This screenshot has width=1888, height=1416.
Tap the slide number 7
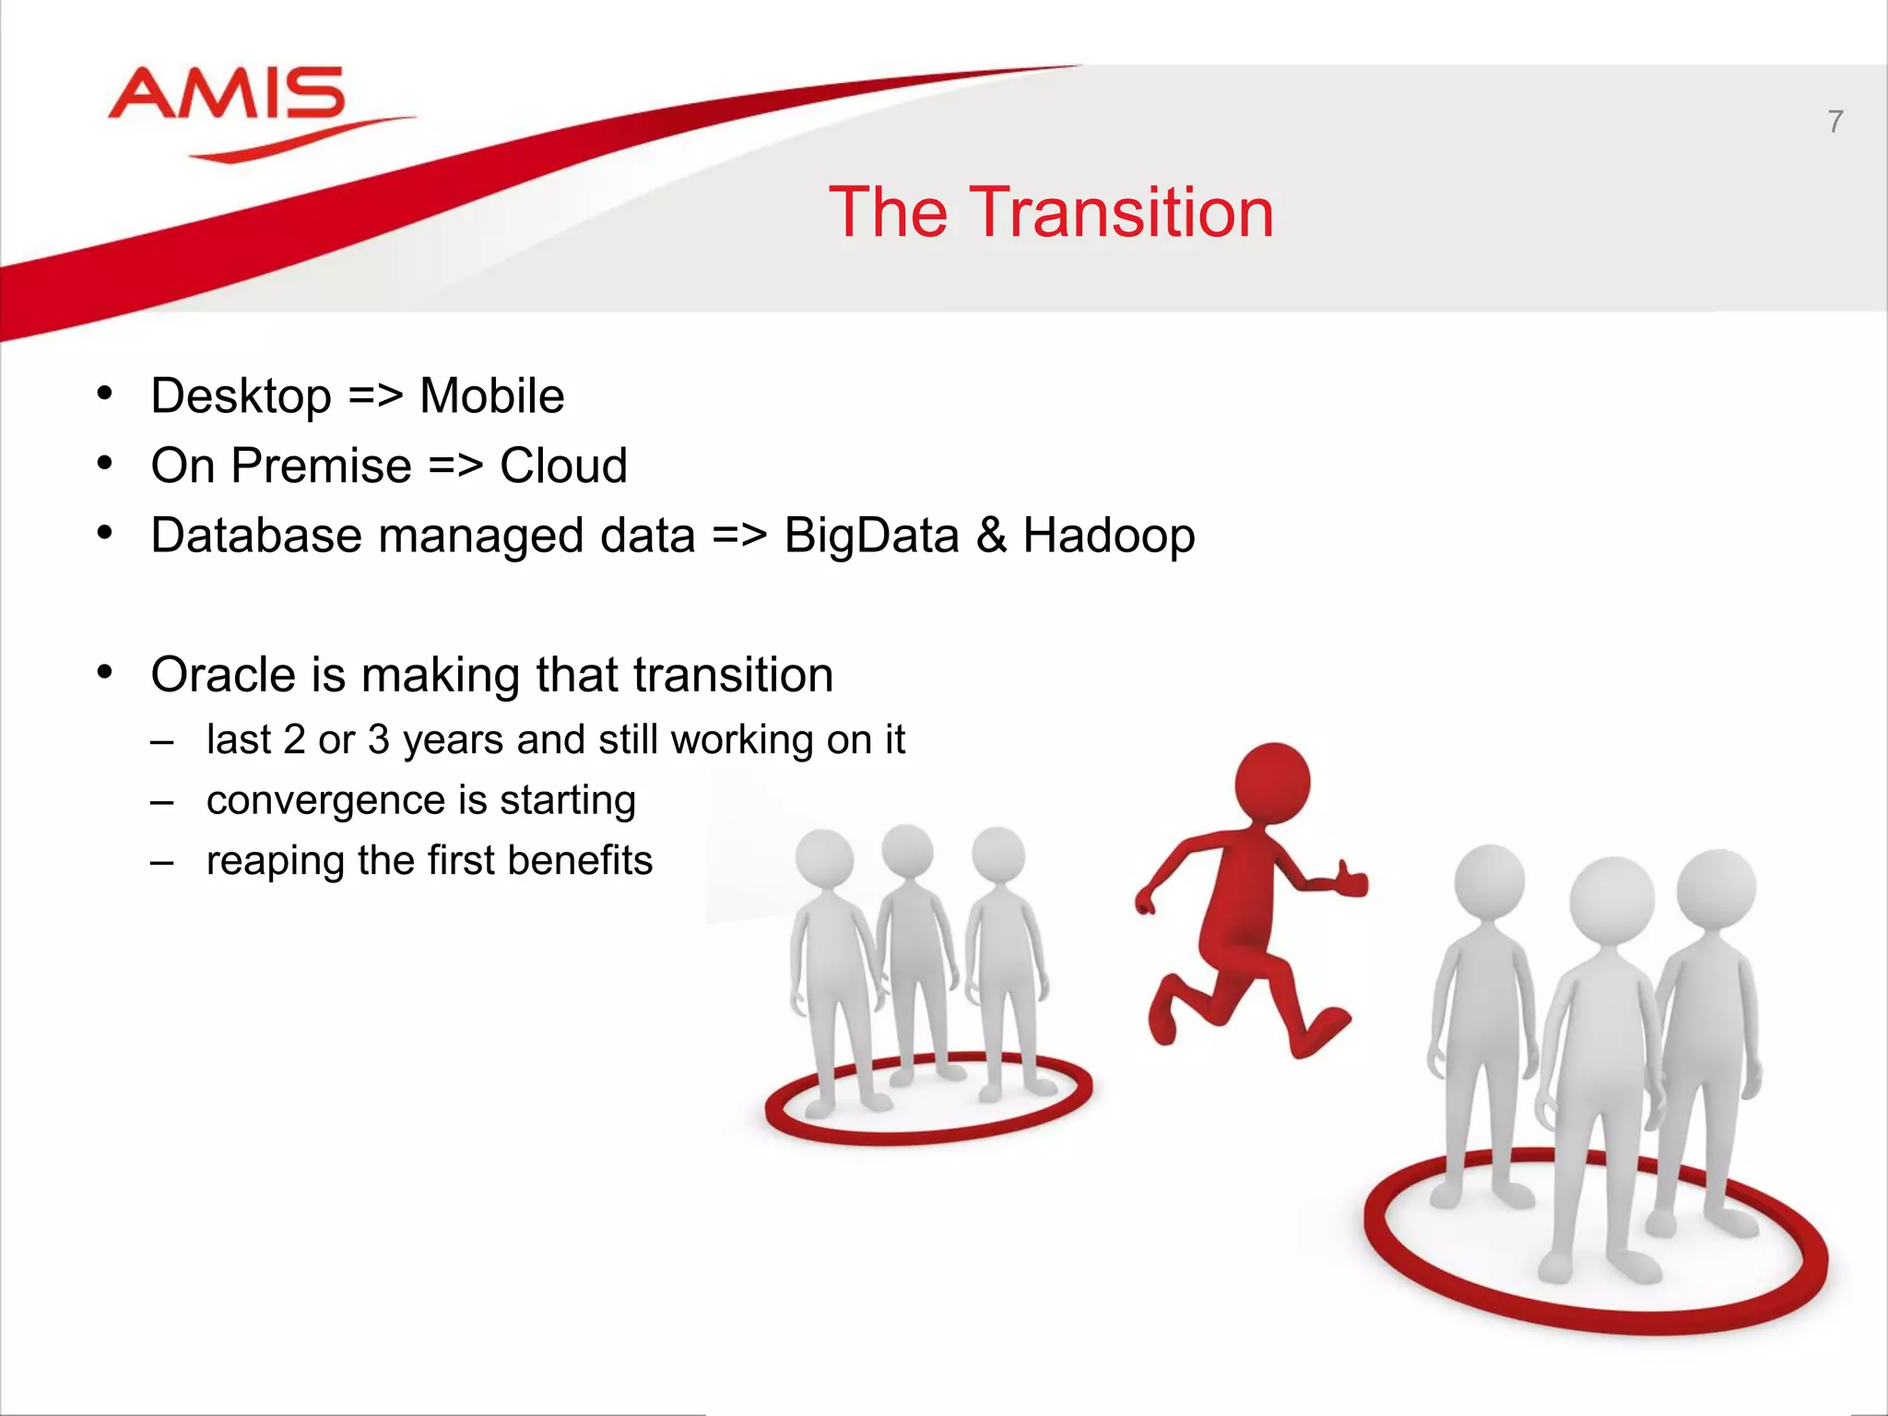click(x=1835, y=122)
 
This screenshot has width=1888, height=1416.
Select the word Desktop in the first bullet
click(x=241, y=396)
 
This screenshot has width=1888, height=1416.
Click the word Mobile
click(x=491, y=396)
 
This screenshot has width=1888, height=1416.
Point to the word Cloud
click(x=563, y=466)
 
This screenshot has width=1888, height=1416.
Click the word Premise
click(x=321, y=466)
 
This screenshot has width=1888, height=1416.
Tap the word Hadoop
click(x=1108, y=536)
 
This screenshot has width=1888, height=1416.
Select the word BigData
click(x=871, y=536)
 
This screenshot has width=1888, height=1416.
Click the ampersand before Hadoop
click(x=991, y=536)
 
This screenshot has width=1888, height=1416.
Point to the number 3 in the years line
click(x=378, y=740)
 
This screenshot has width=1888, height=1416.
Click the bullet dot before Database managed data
click(x=105, y=533)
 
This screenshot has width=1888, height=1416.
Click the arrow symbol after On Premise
click(x=455, y=466)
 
